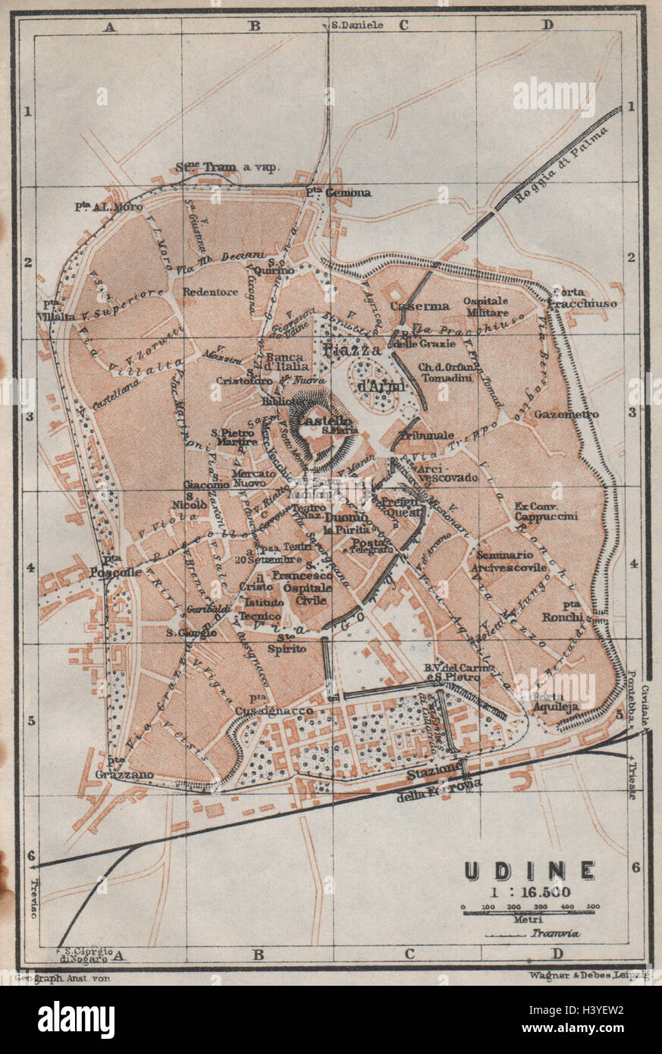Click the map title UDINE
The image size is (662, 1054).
coord(529,870)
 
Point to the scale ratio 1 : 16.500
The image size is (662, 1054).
coord(529,892)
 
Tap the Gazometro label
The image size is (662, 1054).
coord(566,414)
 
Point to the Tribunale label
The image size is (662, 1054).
coord(428,435)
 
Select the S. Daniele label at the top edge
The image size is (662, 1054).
coord(357,24)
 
